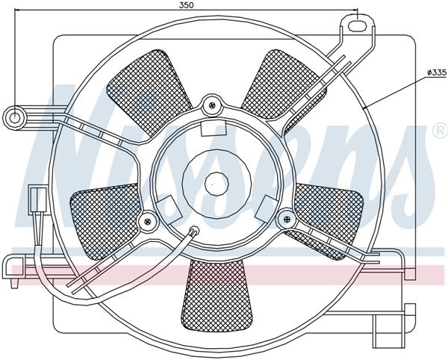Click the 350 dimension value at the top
click(186, 4)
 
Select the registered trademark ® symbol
click(439, 131)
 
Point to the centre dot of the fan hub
click(214, 180)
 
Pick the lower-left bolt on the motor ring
click(147, 220)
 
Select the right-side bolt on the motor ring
click(284, 217)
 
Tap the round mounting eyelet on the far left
click(16, 116)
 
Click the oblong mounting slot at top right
click(358, 24)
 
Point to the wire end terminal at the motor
click(195, 232)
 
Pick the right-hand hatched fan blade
click(329, 213)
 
